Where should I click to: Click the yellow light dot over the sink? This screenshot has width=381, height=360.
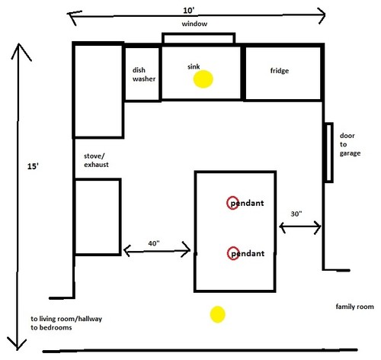[203, 79]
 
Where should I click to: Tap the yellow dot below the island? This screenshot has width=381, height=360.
[218, 314]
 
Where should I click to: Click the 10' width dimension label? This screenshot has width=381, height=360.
[189, 11]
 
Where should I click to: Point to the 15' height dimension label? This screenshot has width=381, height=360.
[33, 166]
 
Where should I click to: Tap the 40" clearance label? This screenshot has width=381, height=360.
[154, 243]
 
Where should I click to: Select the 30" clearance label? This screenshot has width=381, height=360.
[296, 214]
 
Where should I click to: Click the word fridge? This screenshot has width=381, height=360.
[280, 70]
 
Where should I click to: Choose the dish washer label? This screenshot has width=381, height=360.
[144, 74]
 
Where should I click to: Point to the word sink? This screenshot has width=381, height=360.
[194, 66]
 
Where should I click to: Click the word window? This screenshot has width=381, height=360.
[194, 24]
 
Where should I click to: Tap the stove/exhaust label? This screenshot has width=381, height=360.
[96, 160]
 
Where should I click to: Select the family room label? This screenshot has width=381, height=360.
[354, 307]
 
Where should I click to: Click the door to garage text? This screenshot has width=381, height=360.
[350, 144]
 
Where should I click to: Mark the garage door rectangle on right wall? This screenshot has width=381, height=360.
[328, 153]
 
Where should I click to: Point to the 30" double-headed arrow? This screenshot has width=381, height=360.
[300, 227]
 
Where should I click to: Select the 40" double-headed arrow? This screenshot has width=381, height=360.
[157, 250]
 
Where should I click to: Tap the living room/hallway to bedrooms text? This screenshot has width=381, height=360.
[66, 323]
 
